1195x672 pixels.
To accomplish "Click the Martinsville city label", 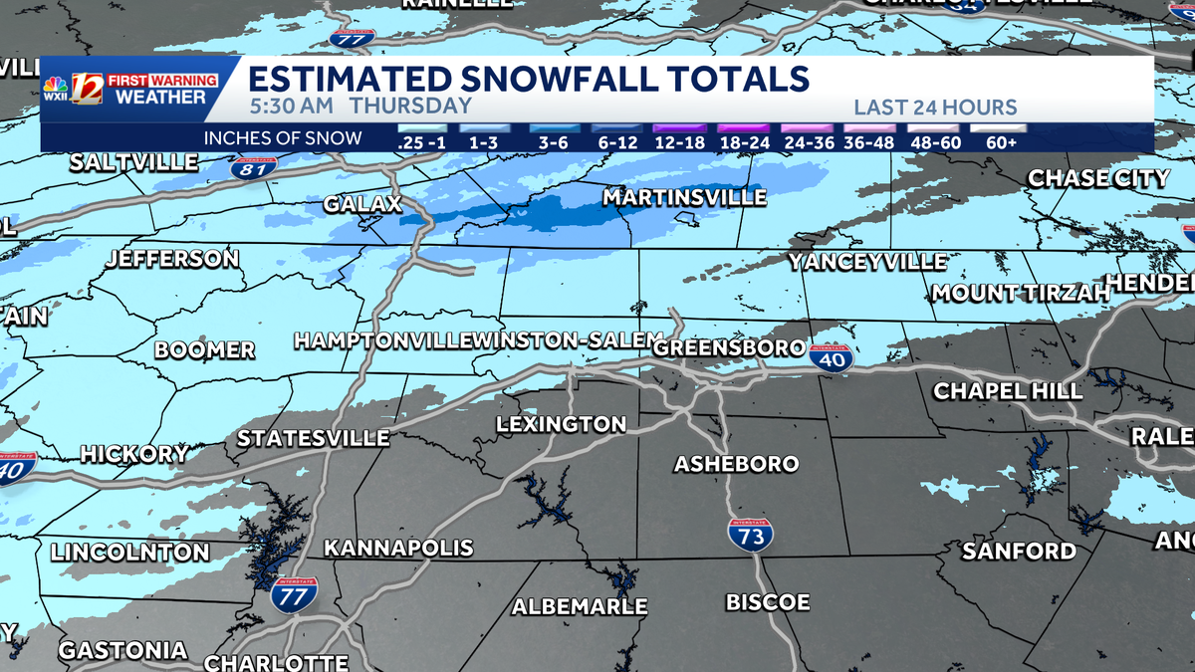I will click(684, 198).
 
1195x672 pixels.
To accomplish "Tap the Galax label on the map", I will click(362, 204).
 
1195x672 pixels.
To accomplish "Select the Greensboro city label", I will click(729, 347).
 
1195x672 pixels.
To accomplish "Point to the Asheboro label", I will click(736, 464).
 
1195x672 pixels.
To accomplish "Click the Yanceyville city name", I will click(867, 262).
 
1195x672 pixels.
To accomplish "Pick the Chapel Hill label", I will click(1007, 391).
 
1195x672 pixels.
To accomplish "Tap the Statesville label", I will click(313, 438).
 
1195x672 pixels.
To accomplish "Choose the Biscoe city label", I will click(767, 602).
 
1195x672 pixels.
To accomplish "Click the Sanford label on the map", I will click(1019, 551).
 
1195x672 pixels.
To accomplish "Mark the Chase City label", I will click(1098, 178).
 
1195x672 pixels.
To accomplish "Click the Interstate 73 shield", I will click(750, 536).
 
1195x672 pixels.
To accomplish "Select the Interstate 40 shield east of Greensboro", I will click(831, 358).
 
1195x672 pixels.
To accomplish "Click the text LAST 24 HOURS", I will click(934, 108).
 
